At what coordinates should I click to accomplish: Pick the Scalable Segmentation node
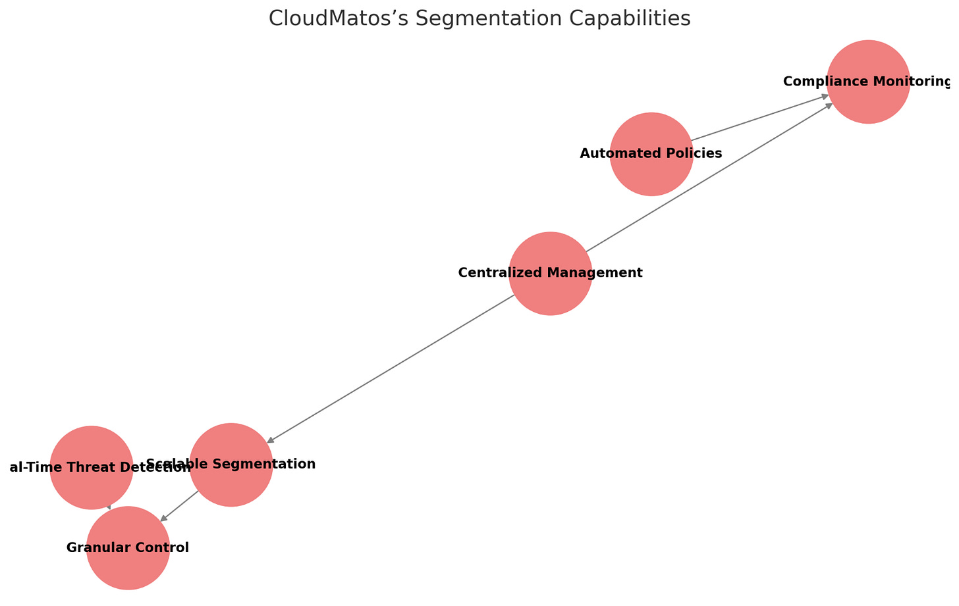231,487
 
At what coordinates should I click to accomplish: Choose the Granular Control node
128,566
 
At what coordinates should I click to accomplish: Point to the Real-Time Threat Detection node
91,447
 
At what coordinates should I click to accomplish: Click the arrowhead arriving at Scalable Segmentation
270,440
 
